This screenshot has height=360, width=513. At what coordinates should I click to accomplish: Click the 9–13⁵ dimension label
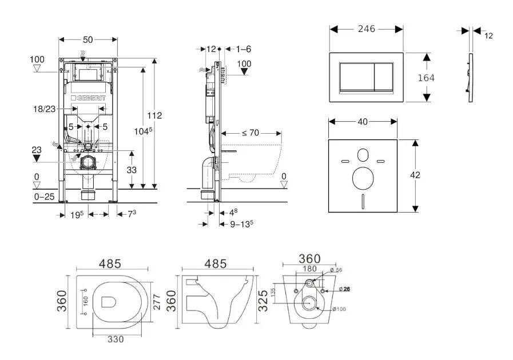pos(240,223)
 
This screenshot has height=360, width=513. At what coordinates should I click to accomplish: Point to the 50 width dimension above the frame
pos(88,39)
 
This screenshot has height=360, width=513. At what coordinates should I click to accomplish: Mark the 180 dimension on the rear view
pos(309,269)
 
